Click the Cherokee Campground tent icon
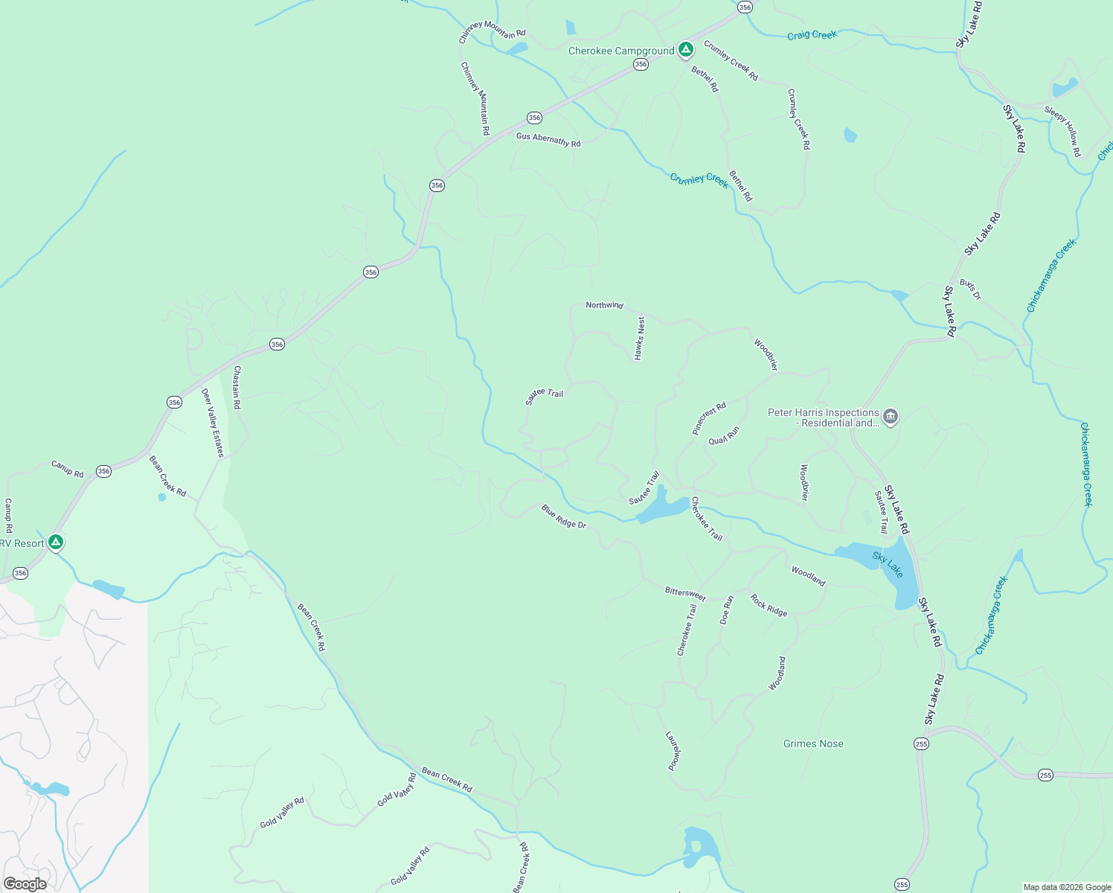686,50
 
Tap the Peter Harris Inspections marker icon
891,416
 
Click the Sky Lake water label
888,565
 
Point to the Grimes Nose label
813,743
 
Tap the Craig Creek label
812,35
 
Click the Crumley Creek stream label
699,180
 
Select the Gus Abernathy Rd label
548,139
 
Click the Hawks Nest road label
639,339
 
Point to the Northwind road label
604,305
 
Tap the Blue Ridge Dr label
564,516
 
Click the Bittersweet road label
684,593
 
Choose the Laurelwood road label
673,751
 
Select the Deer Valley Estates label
213,423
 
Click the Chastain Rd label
237,387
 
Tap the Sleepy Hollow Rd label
1063,131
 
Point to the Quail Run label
724,435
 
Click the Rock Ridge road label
769,606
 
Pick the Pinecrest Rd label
708,419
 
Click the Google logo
25,884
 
